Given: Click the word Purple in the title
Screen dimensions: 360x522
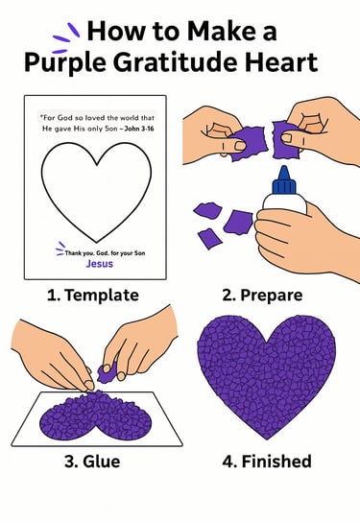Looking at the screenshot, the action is pyautogui.click(x=65, y=62).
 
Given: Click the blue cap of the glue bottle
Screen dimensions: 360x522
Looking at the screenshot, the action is pyautogui.click(x=284, y=180).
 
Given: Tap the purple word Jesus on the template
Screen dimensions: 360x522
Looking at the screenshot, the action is pyautogui.click(x=100, y=264).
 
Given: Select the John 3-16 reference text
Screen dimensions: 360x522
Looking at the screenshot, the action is pyautogui.click(x=139, y=129).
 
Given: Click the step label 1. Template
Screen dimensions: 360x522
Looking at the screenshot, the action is pyautogui.click(x=93, y=295).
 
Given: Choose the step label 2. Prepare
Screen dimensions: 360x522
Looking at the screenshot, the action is pyautogui.click(x=262, y=296).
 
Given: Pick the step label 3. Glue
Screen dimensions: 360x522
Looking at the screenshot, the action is pyautogui.click(x=92, y=462).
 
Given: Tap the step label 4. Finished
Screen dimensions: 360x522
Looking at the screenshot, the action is pyautogui.click(x=267, y=462).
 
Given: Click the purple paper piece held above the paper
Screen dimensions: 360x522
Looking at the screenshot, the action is pyautogui.click(x=108, y=373).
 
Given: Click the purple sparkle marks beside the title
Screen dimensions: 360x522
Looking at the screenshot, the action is pyautogui.click(x=66, y=37).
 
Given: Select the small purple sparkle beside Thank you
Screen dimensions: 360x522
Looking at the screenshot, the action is pyautogui.click(x=60, y=249).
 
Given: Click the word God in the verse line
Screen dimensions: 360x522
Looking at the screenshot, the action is pyautogui.click(x=65, y=117).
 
